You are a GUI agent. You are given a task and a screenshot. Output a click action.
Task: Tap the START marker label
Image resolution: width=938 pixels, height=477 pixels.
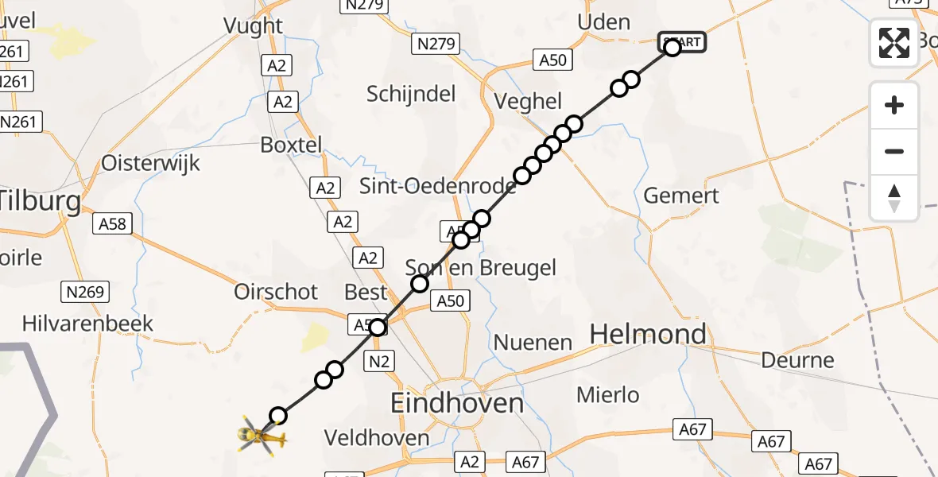[682, 41]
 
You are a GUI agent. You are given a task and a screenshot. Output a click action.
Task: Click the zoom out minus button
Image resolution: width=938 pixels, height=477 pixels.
[894, 151]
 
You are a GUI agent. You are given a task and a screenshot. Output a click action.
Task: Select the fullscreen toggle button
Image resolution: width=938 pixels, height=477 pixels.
[894, 42]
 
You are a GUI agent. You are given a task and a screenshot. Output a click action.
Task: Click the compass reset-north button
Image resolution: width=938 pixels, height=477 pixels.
[894, 198]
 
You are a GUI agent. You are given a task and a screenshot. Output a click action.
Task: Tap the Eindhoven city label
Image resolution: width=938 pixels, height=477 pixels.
[457, 403]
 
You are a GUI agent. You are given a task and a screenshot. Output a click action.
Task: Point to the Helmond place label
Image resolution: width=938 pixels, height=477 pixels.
[648, 334]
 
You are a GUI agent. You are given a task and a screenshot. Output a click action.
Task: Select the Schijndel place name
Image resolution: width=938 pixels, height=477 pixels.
[411, 95]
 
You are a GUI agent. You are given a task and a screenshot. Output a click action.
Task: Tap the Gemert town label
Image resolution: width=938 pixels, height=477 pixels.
[680, 196]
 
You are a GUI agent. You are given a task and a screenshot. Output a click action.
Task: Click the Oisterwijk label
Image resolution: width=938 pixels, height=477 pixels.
[151, 163]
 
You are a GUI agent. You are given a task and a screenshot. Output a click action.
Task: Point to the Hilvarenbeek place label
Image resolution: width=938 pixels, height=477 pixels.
[87, 324]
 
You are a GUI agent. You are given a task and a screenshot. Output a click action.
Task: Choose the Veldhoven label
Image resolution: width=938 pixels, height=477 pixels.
[377, 437]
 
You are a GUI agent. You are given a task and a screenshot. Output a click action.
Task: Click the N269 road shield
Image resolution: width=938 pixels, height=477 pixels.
[85, 293]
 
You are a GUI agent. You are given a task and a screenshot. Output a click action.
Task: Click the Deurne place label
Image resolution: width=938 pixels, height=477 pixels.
[797, 360]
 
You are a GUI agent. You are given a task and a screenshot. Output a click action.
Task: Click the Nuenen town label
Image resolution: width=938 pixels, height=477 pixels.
[533, 343]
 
